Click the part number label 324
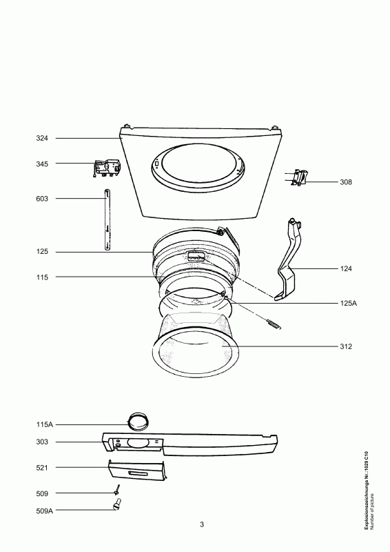pyautogui.click(x=42, y=139)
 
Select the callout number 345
pyautogui.click(x=42, y=164)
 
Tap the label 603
pyautogui.click(x=42, y=199)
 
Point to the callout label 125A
pyautogui.click(x=348, y=303)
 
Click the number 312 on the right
pyautogui.click(x=346, y=346)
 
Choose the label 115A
pyautogui.click(x=44, y=424)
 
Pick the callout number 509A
pyautogui.click(x=44, y=511)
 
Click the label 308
pyautogui.click(x=346, y=182)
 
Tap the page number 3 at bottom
pyautogui.click(x=202, y=524)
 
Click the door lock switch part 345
pyautogui.click(x=107, y=168)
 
